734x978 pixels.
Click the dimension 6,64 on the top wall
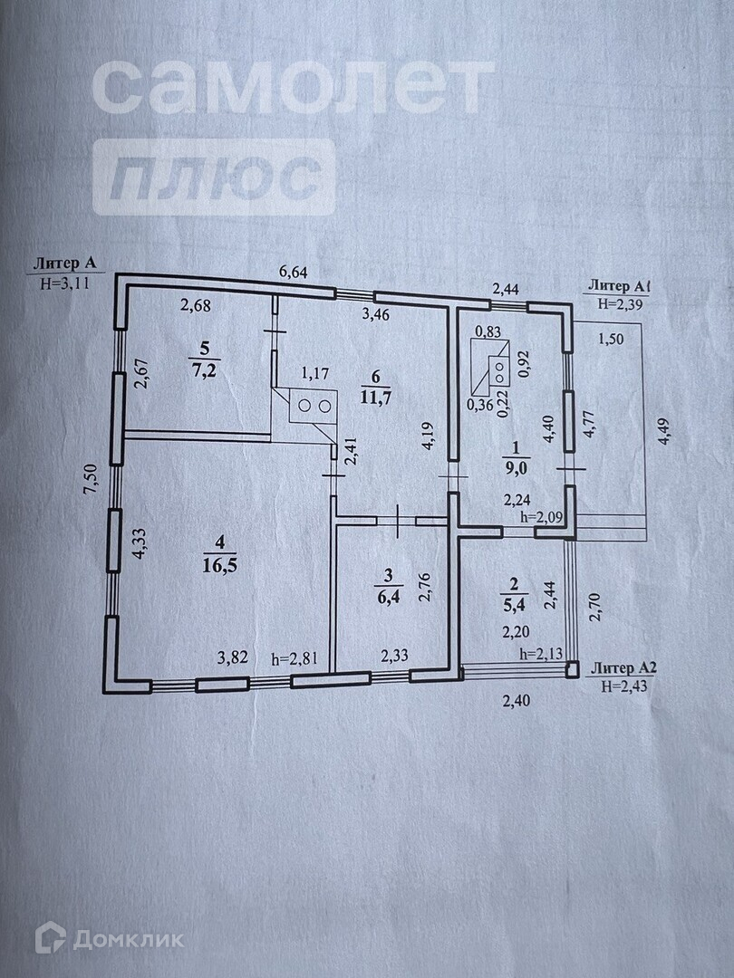point(295,271)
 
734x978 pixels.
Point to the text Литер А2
point(622,668)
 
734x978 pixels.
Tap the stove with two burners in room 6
point(312,406)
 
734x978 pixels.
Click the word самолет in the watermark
point(293,88)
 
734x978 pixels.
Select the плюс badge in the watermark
point(213,177)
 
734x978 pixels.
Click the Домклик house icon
point(50,937)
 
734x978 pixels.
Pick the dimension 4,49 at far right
point(667,433)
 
